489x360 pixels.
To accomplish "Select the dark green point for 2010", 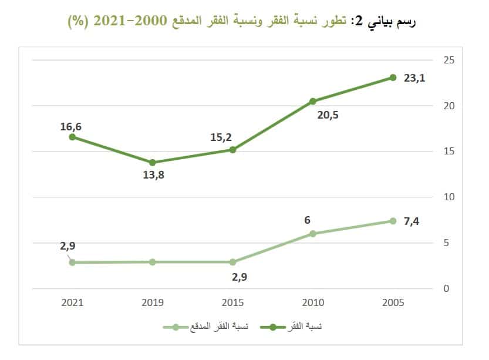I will (x=313, y=101).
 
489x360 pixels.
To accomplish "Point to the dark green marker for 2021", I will (x=72, y=137).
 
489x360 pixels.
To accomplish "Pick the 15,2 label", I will (x=221, y=137).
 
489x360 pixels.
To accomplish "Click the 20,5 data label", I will (x=328, y=115).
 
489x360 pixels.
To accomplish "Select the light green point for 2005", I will (x=393, y=221).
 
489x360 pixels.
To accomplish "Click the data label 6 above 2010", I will (x=308, y=220).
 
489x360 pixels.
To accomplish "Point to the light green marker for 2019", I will (x=153, y=262).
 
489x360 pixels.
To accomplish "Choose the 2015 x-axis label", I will (x=232, y=302).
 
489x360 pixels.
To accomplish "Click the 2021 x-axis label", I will (x=72, y=302).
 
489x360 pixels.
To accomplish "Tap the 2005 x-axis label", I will (x=393, y=302).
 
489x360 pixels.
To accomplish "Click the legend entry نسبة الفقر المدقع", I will (x=217, y=326).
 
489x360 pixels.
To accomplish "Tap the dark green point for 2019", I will (x=153, y=163).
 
